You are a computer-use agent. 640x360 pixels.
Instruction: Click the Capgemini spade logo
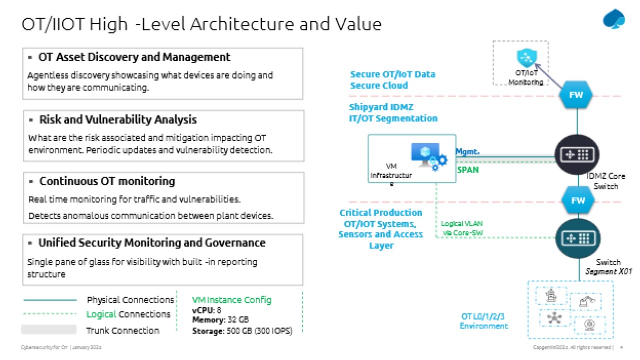coord(614,20)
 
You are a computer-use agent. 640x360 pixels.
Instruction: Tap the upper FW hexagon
coord(576,95)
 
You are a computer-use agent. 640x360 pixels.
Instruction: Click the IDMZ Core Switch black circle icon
coord(577,155)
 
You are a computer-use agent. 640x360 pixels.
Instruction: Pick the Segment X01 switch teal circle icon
coord(577,239)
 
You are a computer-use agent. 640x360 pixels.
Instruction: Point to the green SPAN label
coord(468,170)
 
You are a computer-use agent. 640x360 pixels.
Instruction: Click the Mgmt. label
coord(468,151)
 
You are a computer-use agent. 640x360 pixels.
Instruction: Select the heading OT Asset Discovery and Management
coord(134,57)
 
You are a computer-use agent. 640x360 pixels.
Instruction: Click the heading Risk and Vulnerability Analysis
coord(118,120)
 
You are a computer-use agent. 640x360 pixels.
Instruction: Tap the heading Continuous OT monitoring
coord(107,181)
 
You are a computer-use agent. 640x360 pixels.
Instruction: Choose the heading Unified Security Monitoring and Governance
coord(152,243)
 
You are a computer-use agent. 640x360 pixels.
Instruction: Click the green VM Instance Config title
coord(232,300)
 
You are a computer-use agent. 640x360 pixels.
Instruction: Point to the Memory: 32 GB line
coord(220,320)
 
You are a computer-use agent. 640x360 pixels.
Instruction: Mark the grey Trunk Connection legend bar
coord(49,330)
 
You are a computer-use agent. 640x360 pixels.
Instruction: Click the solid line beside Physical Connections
coord(50,300)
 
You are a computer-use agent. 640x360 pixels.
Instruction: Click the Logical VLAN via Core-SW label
coord(462,228)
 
